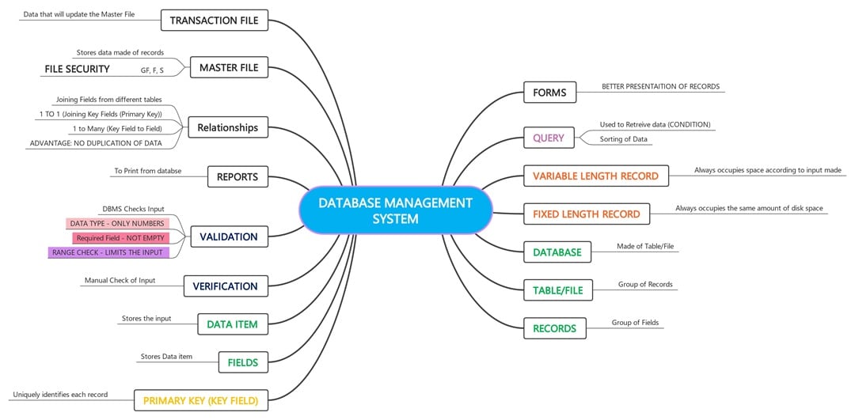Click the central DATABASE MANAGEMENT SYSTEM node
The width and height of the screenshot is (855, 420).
click(395, 210)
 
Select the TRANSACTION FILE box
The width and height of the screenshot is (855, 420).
click(214, 21)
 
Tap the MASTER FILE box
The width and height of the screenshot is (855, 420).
click(229, 68)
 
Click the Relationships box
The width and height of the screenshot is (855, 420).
click(227, 127)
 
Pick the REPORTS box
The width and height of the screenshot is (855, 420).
click(237, 177)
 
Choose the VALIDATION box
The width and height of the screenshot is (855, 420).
click(229, 236)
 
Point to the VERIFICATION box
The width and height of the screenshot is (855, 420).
click(225, 286)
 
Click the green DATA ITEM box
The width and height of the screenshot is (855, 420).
click(232, 324)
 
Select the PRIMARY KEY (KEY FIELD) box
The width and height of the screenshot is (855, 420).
click(200, 401)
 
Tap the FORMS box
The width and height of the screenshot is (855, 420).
click(549, 93)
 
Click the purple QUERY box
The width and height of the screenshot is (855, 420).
click(549, 138)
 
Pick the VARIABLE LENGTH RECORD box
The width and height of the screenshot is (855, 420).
click(595, 176)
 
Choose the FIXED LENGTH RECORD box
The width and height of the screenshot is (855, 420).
click(586, 214)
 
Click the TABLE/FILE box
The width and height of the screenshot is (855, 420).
click(557, 290)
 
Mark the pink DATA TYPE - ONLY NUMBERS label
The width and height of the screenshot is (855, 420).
click(117, 224)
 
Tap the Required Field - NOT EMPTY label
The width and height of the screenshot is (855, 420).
click(120, 238)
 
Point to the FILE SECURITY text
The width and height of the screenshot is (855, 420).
click(77, 70)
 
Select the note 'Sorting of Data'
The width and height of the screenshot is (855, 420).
click(623, 139)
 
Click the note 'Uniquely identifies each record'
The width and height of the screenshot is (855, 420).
click(60, 394)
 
